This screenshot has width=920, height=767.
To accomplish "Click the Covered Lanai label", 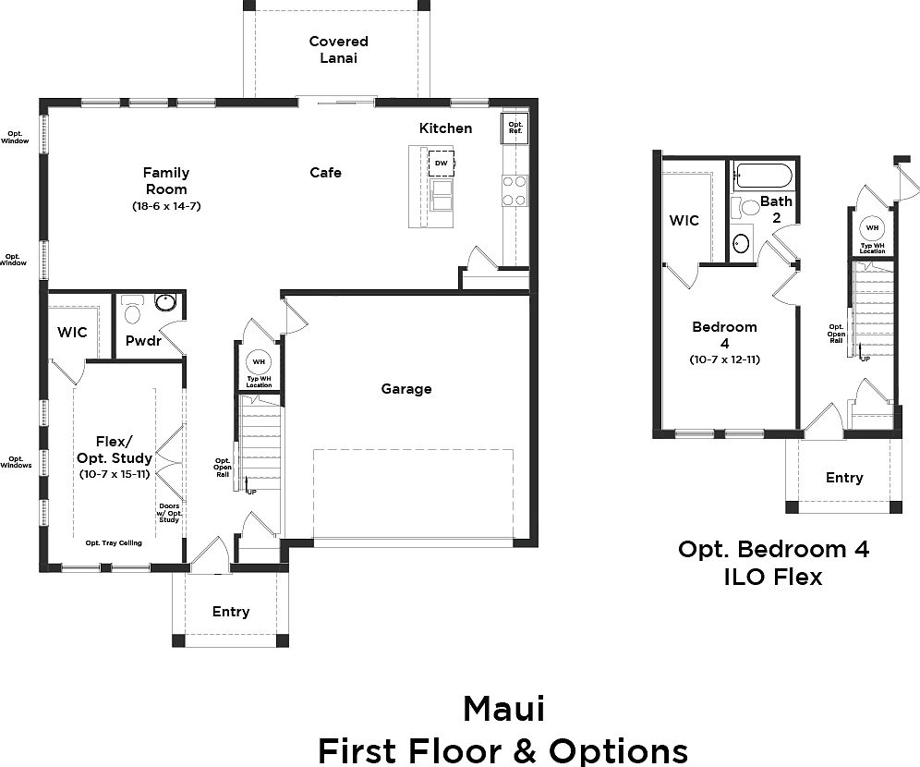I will coord(338,49).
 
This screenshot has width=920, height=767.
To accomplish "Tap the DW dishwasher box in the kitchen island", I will coord(441,163).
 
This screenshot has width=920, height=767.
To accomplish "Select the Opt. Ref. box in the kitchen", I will coord(514,127).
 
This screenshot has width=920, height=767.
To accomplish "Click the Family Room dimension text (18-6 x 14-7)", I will coord(166,206).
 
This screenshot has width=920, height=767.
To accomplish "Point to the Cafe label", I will coord(325,172).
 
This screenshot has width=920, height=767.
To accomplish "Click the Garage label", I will coord(406,389).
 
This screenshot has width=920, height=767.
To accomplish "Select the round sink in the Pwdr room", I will coord(166,302).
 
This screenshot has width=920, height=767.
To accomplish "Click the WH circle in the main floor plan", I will coord(258,361).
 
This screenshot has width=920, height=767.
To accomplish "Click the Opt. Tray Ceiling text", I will coord(114,543).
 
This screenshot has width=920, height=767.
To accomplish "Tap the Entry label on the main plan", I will coord(231,611).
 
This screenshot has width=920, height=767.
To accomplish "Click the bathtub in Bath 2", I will coord(763,176).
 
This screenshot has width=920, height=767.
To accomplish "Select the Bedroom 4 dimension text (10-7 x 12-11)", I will coord(724,359).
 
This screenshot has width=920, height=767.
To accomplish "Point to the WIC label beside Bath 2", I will coord(684,220).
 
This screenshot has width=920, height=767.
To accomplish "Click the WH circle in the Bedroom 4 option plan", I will coord(871,227).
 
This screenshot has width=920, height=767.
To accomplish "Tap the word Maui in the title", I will coord(503,709).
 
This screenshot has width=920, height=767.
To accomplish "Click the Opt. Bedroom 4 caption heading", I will coord(773,549).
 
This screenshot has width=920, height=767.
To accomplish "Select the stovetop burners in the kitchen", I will coord(514,189).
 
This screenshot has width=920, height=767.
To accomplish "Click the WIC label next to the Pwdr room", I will coord(72,331).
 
